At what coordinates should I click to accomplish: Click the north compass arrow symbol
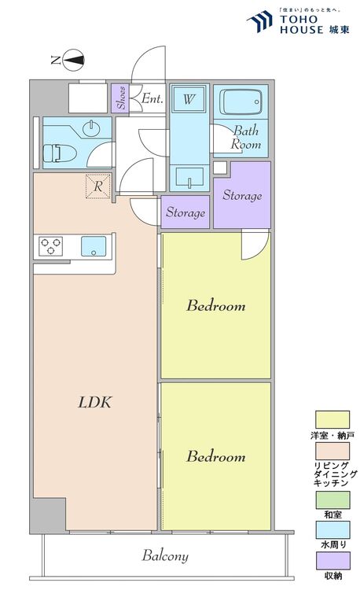click(73, 58)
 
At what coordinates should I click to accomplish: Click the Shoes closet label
click(120, 99)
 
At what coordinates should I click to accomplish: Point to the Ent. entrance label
click(152, 99)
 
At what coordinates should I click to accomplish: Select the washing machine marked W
click(189, 100)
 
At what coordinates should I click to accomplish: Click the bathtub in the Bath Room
click(241, 102)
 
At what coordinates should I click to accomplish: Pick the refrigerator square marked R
click(97, 186)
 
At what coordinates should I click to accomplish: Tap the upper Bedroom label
click(215, 305)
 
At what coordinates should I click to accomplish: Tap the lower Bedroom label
click(215, 456)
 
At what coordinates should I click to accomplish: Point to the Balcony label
click(165, 556)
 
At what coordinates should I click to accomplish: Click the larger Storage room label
click(242, 195)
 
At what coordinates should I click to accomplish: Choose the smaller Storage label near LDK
click(186, 212)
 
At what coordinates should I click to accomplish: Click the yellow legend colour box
click(332, 419)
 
